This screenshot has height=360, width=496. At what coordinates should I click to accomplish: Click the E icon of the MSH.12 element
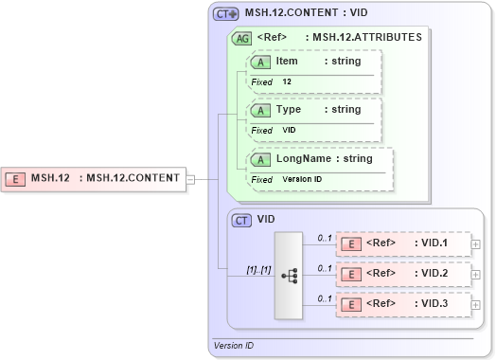pos(16,177)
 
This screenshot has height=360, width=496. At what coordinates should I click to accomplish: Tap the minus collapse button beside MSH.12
pos(190,178)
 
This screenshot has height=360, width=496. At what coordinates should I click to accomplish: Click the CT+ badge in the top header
pos(225,14)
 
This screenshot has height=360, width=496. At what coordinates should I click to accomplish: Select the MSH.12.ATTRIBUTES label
pos(368,37)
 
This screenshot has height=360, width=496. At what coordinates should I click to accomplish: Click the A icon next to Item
pos(259,62)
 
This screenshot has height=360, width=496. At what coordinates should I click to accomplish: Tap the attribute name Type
pos(289,110)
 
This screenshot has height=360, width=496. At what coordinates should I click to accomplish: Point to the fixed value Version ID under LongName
pos(302,179)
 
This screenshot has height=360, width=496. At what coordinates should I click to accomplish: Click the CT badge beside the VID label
pos(241,220)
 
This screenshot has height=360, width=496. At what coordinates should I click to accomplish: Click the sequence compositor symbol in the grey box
pos(290,275)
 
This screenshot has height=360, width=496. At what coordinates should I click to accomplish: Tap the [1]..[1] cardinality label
pos(258,270)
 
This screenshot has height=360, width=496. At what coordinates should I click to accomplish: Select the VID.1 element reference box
pos(404,244)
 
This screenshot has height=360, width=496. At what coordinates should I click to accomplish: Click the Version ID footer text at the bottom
pos(234,346)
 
